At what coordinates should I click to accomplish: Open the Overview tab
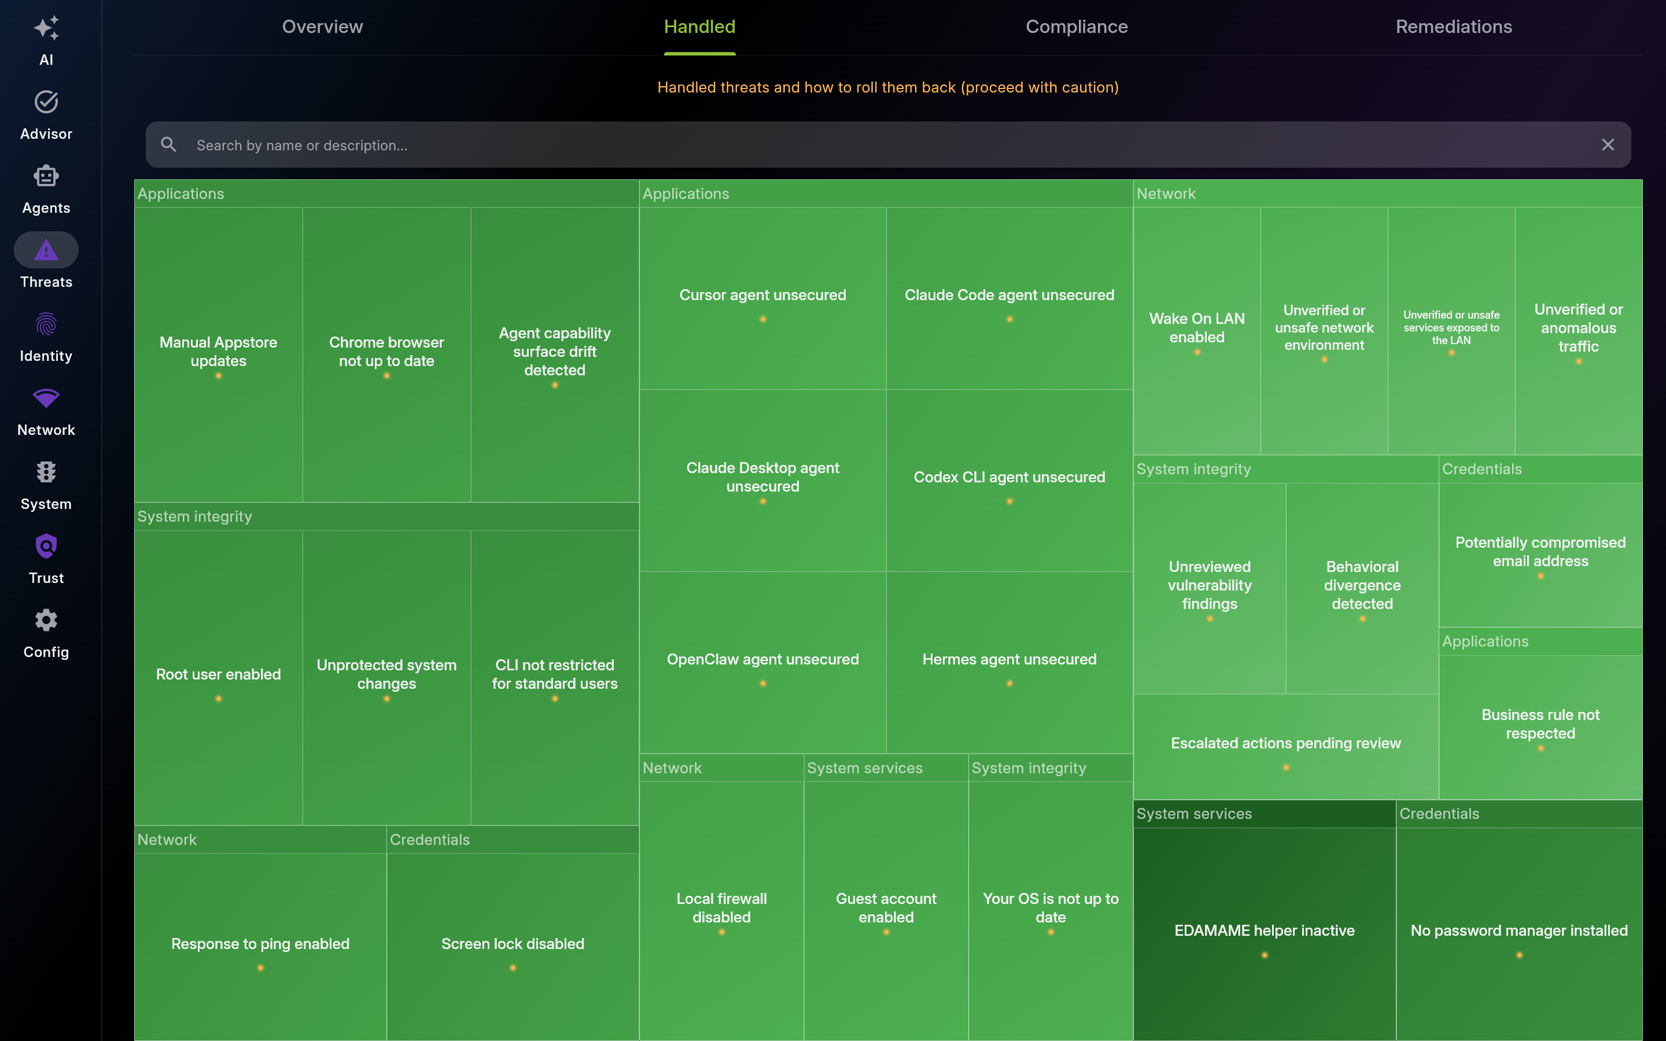[x=322, y=27]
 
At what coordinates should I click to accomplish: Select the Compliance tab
[x=1077, y=27]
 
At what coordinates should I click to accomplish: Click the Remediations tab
[x=1454, y=27]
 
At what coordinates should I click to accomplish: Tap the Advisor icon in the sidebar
[x=46, y=102]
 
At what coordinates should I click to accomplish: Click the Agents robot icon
[x=46, y=176]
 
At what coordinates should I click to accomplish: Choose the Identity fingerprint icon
[x=46, y=324]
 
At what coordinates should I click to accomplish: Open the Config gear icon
[x=46, y=621]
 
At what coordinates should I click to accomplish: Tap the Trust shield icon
[x=46, y=547]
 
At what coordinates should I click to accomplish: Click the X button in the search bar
[x=1608, y=145]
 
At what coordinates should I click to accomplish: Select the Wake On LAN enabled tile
[x=1197, y=330]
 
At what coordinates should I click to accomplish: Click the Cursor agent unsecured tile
[x=763, y=298]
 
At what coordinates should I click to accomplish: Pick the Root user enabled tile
[x=218, y=677]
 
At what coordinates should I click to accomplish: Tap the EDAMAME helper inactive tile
[x=1265, y=933]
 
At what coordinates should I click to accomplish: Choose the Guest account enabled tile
[x=886, y=910]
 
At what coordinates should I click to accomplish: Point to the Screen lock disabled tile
[x=513, y=947]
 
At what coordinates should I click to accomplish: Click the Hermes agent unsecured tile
[x=1009, y=662]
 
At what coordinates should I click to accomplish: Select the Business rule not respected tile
[x=1540, y=727]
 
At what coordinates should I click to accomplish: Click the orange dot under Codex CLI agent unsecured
[x=1010, y=501]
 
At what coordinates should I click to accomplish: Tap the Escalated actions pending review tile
[x=1286, y=746]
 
